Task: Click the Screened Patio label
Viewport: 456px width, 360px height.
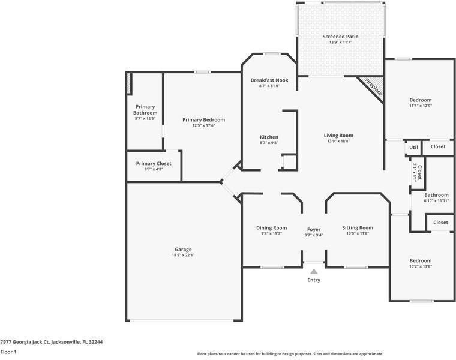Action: tap(340, 37)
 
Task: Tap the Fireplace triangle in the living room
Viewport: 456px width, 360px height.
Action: tap(373, 88)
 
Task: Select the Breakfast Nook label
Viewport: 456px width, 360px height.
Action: tap(269, 80)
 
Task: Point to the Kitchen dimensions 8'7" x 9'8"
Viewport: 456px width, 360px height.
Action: tap(269, 143)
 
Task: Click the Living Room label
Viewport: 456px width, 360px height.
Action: tap(338, 136)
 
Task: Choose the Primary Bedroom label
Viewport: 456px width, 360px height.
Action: tap(203, 120)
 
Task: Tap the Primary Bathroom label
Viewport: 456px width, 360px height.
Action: tap(145, 110)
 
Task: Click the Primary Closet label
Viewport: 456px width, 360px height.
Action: tap(154, 164)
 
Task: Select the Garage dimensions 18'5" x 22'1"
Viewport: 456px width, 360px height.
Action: tap(183, 255)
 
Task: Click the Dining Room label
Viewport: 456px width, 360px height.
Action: tap(271, 228)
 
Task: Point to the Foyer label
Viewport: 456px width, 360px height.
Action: tap(314, 229)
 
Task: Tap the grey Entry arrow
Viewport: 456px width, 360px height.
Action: tap(314, 272)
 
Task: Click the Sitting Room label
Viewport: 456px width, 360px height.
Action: tap(358, 228)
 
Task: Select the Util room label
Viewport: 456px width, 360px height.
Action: tap(413, 147)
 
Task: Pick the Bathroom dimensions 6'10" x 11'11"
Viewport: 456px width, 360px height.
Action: tap(436, 201)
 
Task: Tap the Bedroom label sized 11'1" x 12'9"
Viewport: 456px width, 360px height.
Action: tap(420, 100)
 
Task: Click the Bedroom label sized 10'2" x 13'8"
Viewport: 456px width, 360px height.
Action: tap(420, 261)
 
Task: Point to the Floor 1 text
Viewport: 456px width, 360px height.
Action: tap(8, 352)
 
